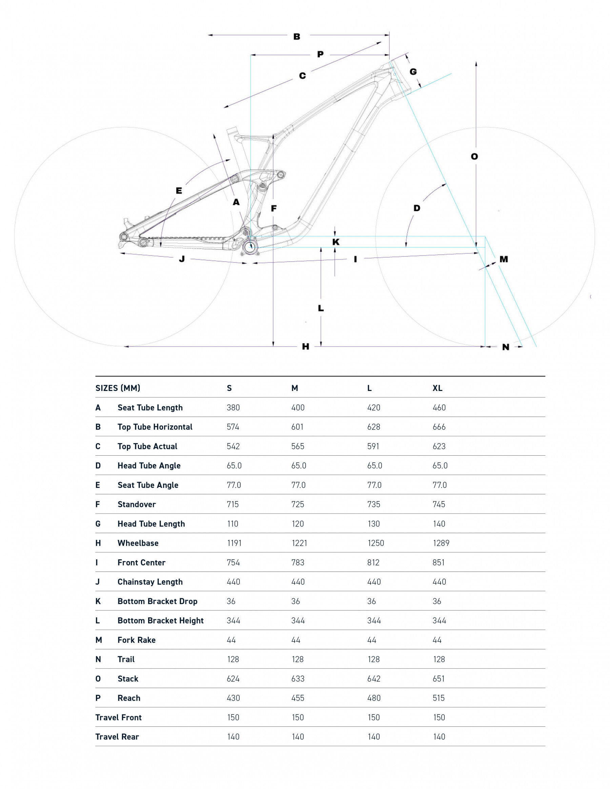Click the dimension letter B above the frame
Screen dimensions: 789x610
click(x=297, y=37)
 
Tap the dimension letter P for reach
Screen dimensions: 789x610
click(x=320, y=54)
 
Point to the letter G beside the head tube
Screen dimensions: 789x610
click(x=413, y=71)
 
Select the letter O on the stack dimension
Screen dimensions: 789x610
click(x=474, y=157)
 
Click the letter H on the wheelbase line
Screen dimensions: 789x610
click(x=305, y=347)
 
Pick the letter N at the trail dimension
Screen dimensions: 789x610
click(x=506, y=347)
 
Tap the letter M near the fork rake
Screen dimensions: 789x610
click(x=504, y=259)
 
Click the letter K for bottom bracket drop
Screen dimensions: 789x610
click(x=336, y=242)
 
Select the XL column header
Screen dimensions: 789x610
click(x=437, y=388)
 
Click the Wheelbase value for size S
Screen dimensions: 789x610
click(x=234, y=543)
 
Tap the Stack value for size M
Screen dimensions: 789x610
click(x=298, y=679)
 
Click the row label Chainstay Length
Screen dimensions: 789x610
click(x=150, y=582)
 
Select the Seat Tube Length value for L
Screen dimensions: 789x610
click(x=374, y=408)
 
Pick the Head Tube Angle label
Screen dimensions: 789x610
click(x=149, y=466)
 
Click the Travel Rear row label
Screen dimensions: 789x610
click(x=117, y=736)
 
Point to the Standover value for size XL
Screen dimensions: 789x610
click(x=439, y=504)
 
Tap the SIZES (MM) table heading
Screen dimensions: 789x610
click(x=118, y=388)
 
